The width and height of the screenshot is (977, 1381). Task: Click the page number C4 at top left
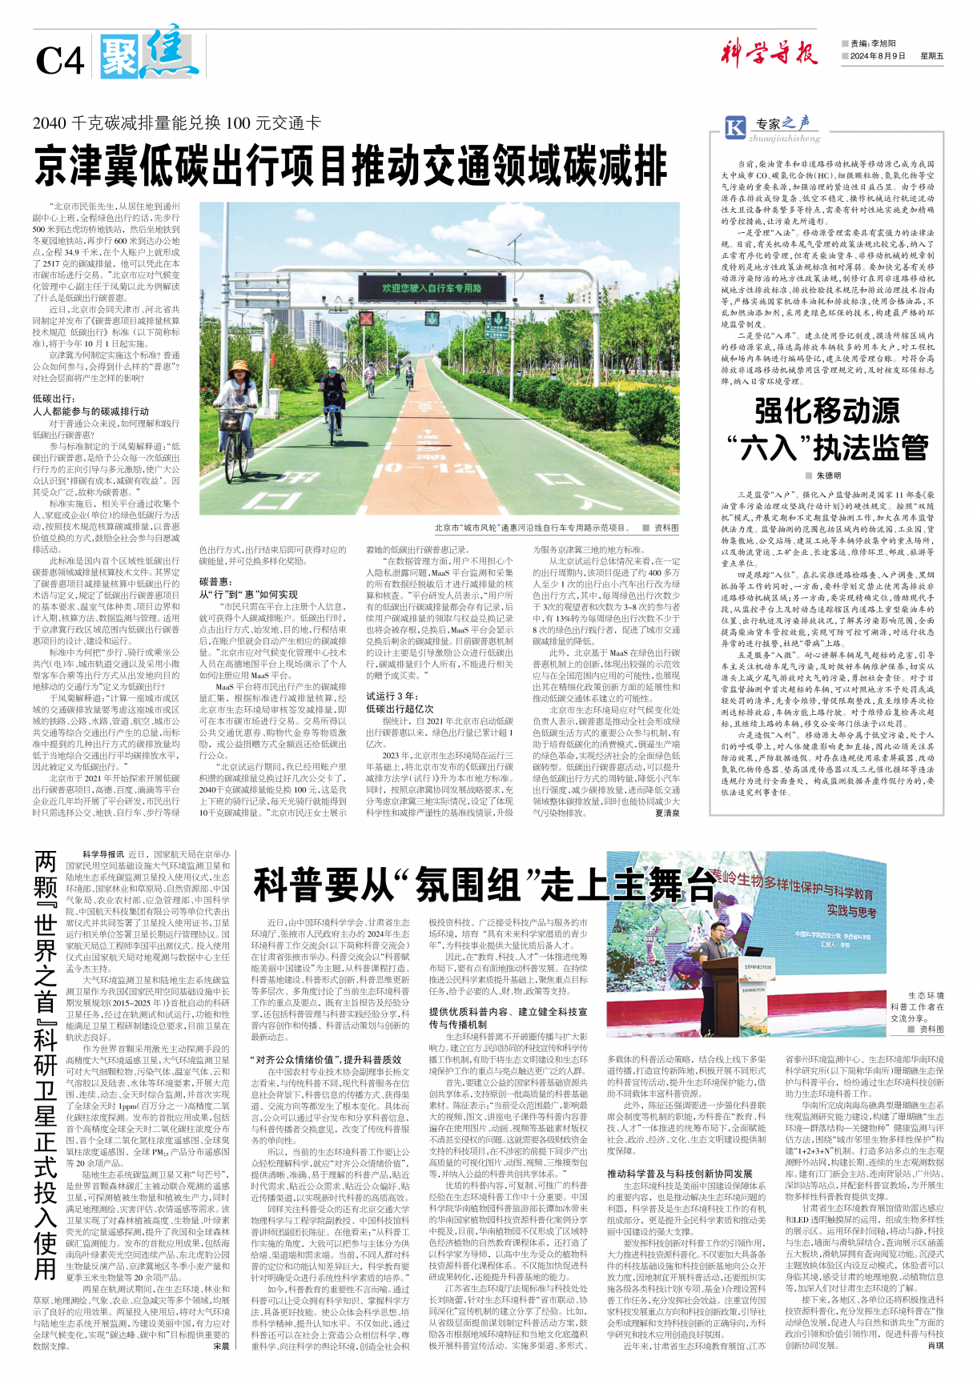tap(59, 60)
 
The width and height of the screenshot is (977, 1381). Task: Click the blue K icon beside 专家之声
tap(734, 126)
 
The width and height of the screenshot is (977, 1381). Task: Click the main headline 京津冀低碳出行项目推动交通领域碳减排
tap(350, 166)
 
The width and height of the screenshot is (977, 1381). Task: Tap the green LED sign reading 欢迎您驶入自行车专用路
tap(432, 287)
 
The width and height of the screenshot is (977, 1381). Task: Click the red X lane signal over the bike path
tap(366, 319)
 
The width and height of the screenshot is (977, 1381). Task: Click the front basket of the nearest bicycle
tap(231, 420)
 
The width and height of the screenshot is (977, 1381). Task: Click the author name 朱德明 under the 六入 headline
tap(827, 475)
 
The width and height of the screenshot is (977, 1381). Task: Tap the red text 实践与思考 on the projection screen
tap(851, 911)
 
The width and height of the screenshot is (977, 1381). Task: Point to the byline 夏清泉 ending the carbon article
tap(666, 813)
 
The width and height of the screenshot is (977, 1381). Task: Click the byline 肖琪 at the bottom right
tap(935, 1346)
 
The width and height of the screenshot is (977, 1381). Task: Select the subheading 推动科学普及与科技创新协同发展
tap(679, 1174)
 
